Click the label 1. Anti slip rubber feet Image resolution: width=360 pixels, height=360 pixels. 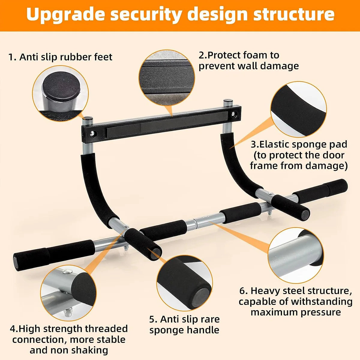[x=60, y=57]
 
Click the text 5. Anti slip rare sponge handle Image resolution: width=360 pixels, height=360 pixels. [x=184, y=325]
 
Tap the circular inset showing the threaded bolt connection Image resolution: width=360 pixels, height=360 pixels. [x=68, y=293]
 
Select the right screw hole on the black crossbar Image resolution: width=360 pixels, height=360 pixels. [x=234, y=114]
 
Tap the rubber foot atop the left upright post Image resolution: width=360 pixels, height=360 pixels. [x=87, y=119]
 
